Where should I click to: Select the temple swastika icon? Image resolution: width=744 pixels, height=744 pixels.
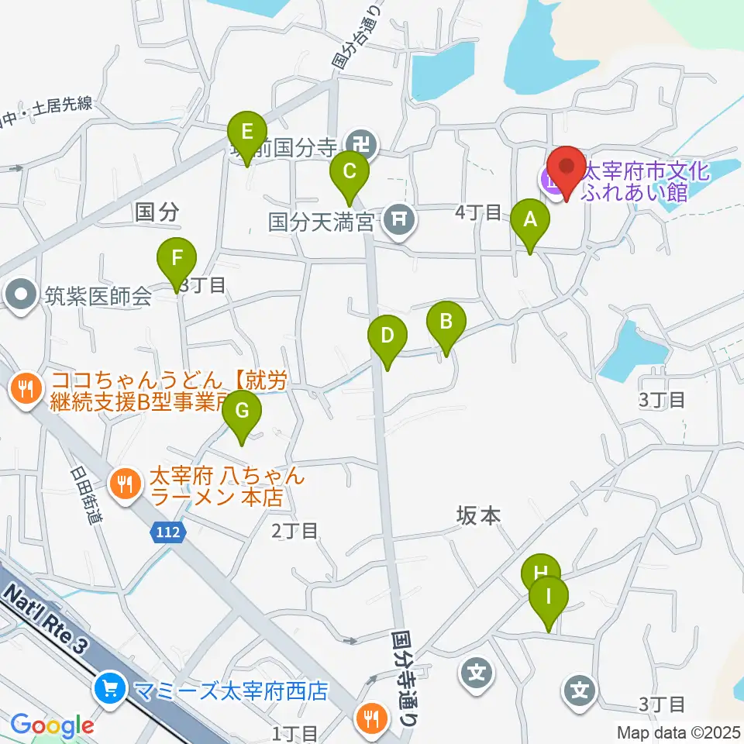tap(362, 143)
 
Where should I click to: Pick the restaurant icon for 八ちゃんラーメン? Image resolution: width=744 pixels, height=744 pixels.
tap(124, 484)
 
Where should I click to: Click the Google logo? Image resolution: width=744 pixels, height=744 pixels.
tap(52, 726)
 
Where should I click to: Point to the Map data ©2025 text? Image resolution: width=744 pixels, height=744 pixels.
tap(677, 732)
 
